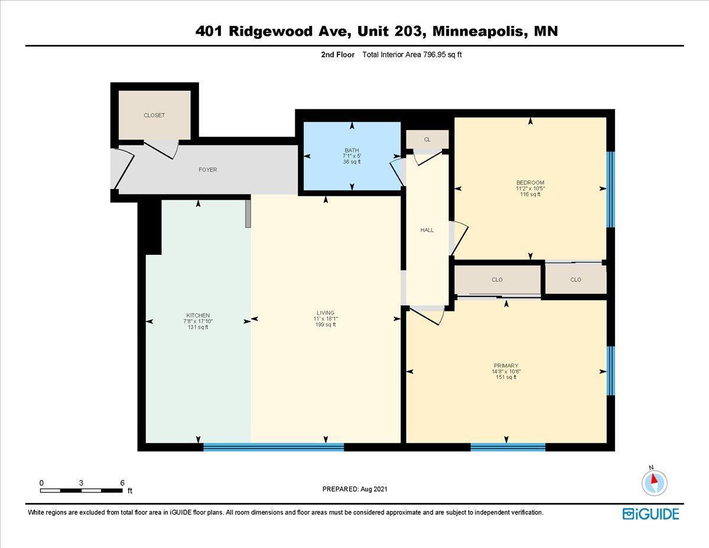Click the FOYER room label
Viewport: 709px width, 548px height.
[x=207, y=170]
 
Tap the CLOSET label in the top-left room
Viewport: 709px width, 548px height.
[x=154, y=115]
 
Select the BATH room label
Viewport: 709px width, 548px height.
[x=352, y=150]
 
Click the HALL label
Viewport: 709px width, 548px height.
[x=427, y=230]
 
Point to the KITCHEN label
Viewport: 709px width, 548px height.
[x=198, y=315]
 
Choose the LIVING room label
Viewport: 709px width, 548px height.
[x=326, y=313]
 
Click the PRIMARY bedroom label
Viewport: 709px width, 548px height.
[x=506, y=365]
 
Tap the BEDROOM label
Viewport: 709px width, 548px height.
[x=530, y=182]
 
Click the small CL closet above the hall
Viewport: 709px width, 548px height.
[x=427, y=140]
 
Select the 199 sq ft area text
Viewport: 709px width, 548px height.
[x=326, y=325]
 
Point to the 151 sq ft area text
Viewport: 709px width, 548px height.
[x=506, y=377]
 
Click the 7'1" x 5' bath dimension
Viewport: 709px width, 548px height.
[x=352, y=156]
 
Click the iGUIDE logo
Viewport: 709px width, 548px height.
[x=651, y=514]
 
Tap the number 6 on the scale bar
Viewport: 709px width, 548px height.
[x=122, y=482]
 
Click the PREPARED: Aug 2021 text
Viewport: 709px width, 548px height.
[x=355, y=489]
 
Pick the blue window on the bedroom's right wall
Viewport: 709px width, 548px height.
[x=611, y=189]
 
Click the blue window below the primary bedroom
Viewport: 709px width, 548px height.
[x=508, y=447]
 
